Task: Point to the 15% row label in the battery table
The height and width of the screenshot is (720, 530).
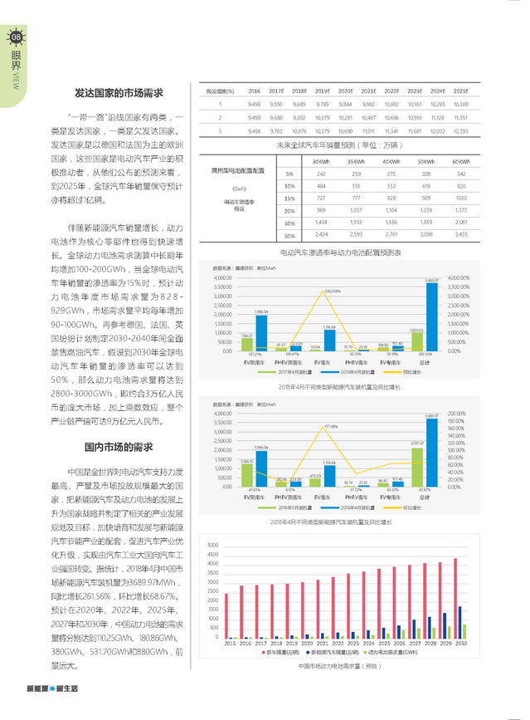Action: (289, 198)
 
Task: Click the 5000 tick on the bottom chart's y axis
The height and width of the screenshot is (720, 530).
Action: (212, 546)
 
